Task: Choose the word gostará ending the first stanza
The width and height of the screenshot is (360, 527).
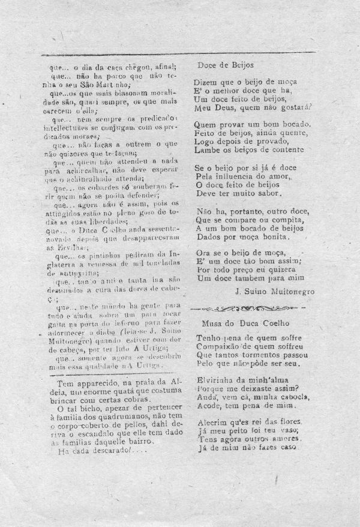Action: [290, 108]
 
